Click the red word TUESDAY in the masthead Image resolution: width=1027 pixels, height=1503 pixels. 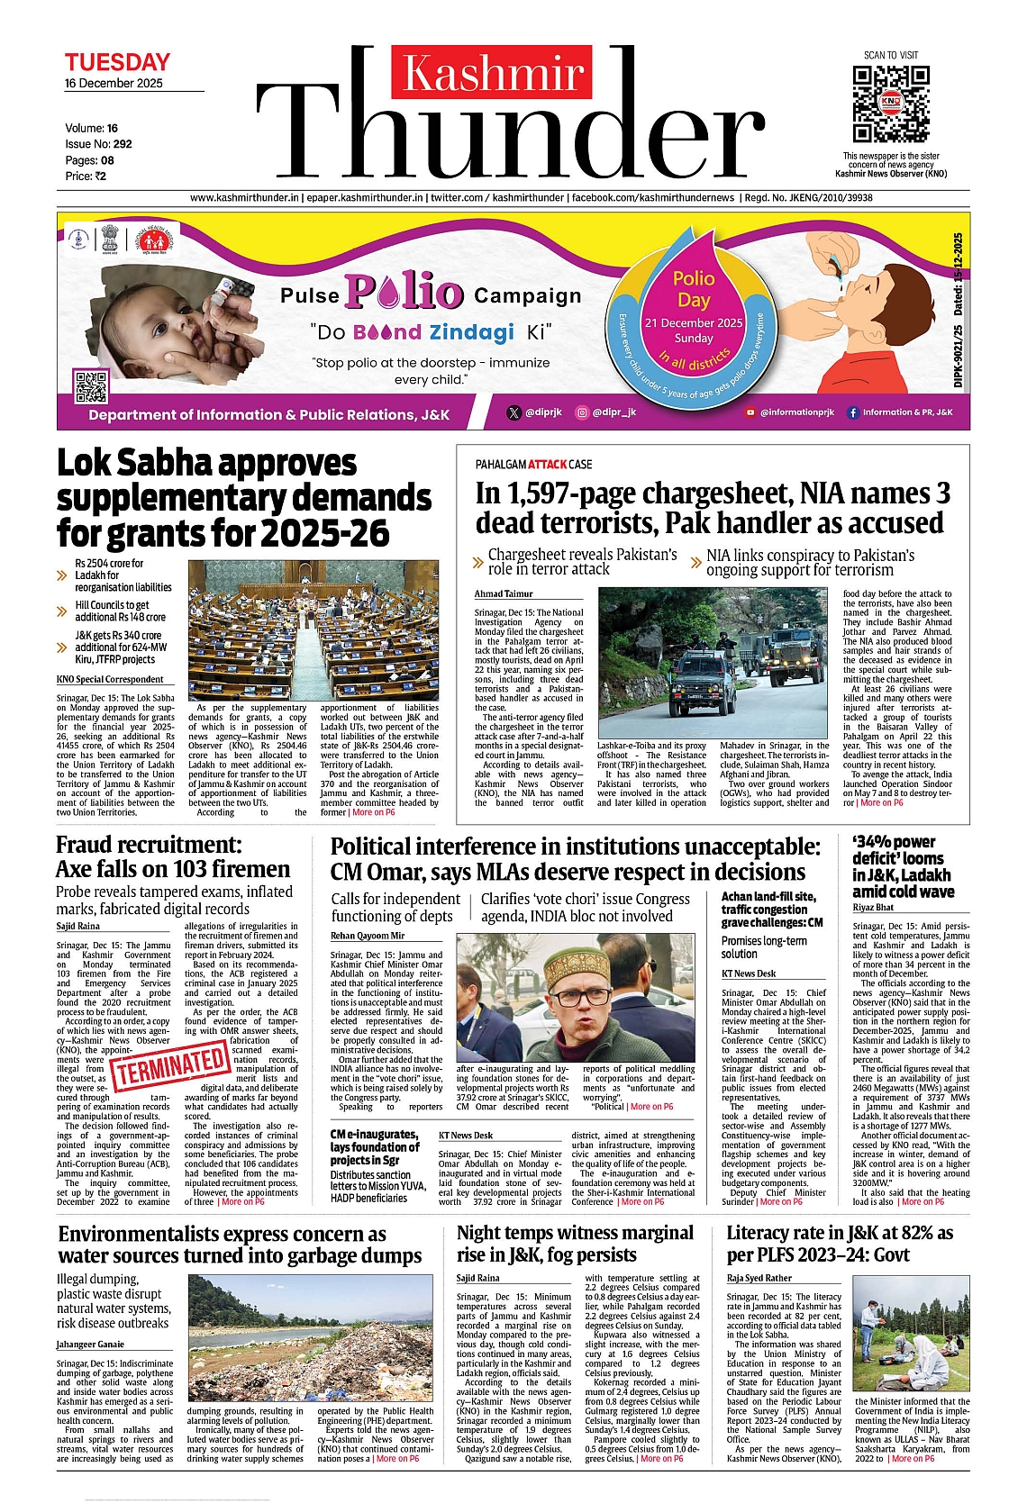click(x=117, y=62)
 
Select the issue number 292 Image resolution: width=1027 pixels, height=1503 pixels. click(x=123, y=143)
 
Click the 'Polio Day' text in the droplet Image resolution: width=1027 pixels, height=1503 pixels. click(x=694, y=289)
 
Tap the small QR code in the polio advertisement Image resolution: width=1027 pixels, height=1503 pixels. click(x=91, y=386)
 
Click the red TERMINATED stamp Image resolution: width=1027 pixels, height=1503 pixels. click(x=170, y=1066)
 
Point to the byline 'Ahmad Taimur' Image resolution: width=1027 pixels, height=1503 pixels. click(x=504, y=593)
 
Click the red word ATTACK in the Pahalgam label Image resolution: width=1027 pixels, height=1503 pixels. click(x=548, y=465)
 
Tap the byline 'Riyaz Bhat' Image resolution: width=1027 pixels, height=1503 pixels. click(x=873, y=907)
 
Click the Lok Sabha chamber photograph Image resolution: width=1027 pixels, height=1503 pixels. click(x=313, y=629)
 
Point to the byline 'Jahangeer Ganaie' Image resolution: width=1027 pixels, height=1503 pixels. click(x=90, y=1345)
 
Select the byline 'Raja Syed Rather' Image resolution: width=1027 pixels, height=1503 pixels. click(x=759, y=1278)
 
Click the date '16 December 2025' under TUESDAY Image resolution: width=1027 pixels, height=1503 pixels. click(x=114, y=83)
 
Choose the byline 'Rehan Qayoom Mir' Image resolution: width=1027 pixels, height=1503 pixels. click(x=368, y=936)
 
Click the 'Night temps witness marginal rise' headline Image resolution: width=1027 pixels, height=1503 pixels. click(x=575, y=1243)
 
